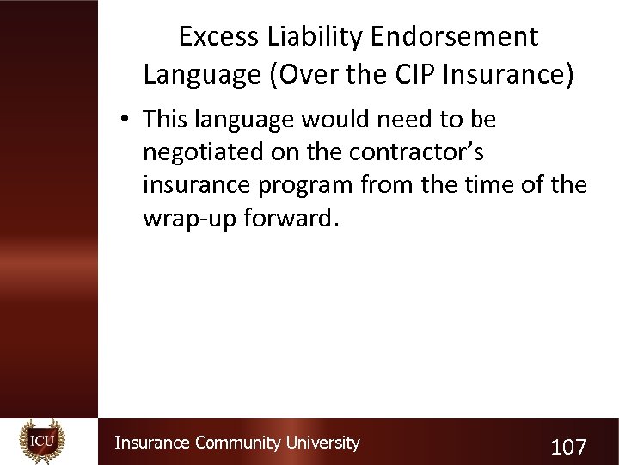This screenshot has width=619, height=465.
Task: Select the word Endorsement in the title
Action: (455, 37)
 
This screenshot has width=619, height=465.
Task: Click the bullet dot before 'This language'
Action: (126, 120)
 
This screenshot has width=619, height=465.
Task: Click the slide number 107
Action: (568, 447)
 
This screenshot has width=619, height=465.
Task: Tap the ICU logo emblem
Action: (42, 442)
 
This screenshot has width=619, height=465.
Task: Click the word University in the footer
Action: (322, 443)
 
